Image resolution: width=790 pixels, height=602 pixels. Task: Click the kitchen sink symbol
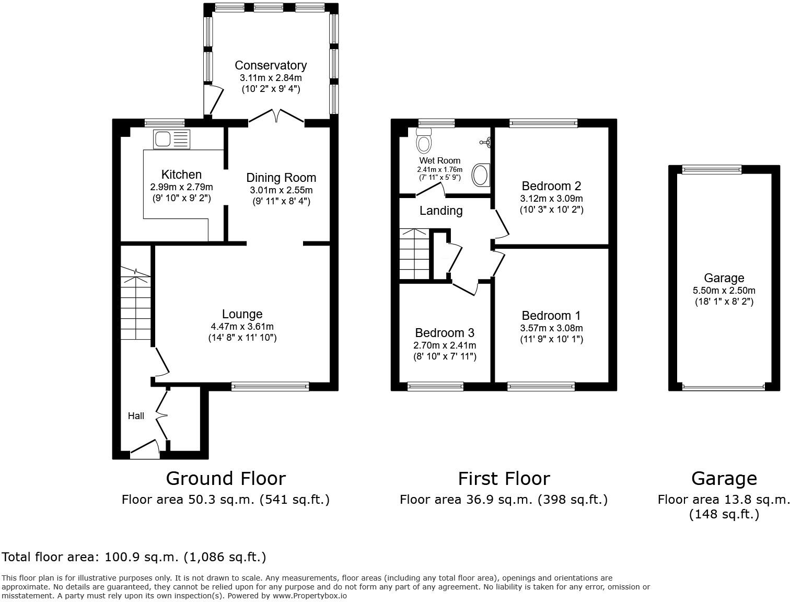pos(172,140)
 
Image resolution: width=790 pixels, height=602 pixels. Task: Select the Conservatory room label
pos(270,65)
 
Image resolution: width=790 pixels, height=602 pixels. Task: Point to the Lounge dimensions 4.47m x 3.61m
pos(242,327)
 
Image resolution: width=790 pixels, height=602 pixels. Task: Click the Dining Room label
pos(281,178)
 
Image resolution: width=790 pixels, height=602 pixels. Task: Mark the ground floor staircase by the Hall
pos(136,308)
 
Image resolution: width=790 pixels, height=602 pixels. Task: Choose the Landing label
pos(441,211)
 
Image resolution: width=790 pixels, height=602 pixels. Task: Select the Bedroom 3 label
pos(444,333)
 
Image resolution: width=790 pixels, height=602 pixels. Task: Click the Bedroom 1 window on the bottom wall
pos(541,387)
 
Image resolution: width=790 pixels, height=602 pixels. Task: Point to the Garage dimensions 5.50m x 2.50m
pos(724,291)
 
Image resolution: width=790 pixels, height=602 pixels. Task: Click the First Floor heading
pos(504,479)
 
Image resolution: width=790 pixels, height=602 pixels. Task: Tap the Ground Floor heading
pos(226,479)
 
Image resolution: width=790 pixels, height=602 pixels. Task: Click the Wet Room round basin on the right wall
pos(481,175)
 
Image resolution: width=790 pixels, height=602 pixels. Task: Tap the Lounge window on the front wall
pos(270,387)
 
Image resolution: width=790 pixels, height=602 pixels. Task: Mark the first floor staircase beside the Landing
pos(414,254)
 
